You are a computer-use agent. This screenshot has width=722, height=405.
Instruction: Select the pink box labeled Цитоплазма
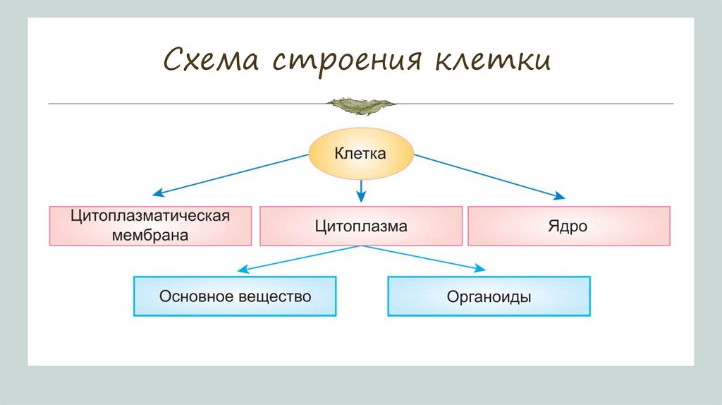[x=361, y=226]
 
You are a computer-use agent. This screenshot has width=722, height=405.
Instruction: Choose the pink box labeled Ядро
[x=568, y=226]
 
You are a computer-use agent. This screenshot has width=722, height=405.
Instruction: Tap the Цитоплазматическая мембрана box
[x=150, y=226]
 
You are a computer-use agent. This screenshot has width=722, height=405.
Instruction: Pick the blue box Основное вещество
[x=235, y=296]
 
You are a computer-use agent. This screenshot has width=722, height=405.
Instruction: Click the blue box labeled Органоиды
[x=489, y=296]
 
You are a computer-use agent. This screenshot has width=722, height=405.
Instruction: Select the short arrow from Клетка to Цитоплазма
[x=361, y=188]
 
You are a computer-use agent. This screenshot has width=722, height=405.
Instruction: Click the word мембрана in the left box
[x=150, y=236]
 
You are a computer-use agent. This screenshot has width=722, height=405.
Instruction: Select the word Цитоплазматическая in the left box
[x=150, y=216]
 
